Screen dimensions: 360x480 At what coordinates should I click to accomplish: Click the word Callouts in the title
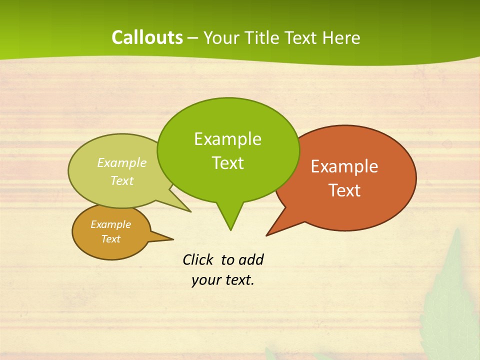pyautogui.click(x=147, y=37)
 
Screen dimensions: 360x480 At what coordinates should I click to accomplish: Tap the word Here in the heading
pyautogui.click(x=342, y=38)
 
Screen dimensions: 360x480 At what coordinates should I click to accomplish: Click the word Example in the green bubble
pyautogui.click(x=227, y=139)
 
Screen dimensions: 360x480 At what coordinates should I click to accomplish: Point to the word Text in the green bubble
pyautogui.click(x=227, y=163)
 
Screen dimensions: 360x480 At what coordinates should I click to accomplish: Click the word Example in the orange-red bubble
pyautogui.click(x=344, y=166)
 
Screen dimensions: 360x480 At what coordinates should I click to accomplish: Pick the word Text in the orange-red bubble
pyautogui.click(x=344, y=190)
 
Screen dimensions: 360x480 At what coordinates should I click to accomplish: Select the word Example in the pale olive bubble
pyautogui.click(x=122, y=162)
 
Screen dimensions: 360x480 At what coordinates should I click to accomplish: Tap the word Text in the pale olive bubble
pyautogui.click(x=122, y=180)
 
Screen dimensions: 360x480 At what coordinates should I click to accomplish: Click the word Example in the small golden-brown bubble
pyautogui.click(x=111, y=224)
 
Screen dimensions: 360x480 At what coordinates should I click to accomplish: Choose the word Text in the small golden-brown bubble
pyautogui.click(x=111, y=239)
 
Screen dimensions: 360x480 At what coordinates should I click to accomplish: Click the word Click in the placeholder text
pyautogui.click(x=197, y=259)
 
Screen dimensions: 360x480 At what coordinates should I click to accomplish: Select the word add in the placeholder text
pyautogui.click(x=251, y=259)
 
